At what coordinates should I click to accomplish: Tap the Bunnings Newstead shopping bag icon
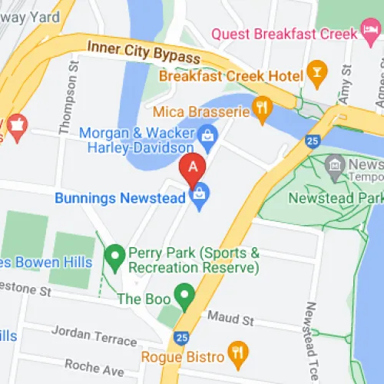(x=200, y=197)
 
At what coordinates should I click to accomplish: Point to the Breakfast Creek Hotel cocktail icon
(x=315, y=73)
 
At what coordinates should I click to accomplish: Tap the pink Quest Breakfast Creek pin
(x=370, y=34)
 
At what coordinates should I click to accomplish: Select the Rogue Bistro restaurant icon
(x=239, y=355)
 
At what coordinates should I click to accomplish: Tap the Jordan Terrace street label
(x=94, y=335)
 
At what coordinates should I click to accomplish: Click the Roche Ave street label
(x=94, y=366)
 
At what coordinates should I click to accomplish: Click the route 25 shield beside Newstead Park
(x=311, y=141)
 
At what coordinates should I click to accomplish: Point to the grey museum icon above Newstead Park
(x=334, y=164)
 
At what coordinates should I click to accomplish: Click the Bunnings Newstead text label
(x=121, y=198)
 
